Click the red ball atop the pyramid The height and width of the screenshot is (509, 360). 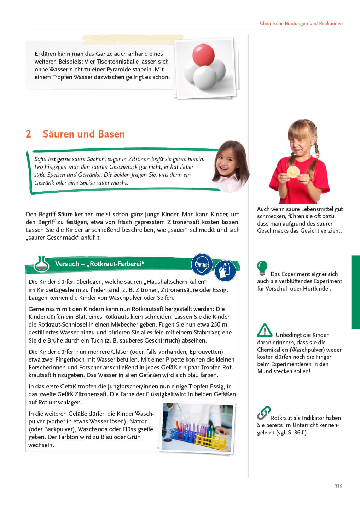coord(203,54)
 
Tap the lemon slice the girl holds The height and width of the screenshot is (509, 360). coord(293,172)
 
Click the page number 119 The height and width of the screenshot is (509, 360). coord(338,486)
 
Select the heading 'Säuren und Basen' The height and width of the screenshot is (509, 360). coord(84,134)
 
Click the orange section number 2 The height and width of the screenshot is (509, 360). coord(28,134)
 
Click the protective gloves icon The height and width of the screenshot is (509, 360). coord(225,271)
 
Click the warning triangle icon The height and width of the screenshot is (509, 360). coord(265,330)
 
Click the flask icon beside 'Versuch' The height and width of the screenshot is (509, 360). coord(42,264)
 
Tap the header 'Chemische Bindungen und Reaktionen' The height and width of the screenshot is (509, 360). coord(301,23)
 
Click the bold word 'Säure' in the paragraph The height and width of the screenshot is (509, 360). coord(65,214)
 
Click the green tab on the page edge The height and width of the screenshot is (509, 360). coord(355,292)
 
